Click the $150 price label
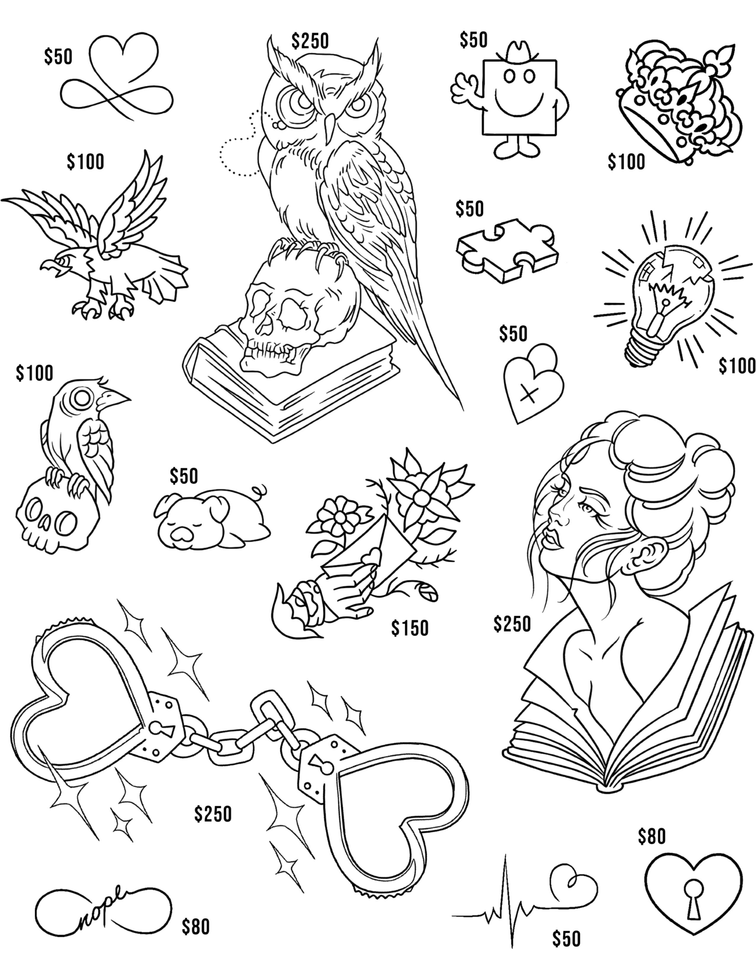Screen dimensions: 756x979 [x=409, y=628]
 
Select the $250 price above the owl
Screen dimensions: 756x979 [x=310, y=41]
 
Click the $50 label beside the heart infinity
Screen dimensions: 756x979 [x=58, y=57]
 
